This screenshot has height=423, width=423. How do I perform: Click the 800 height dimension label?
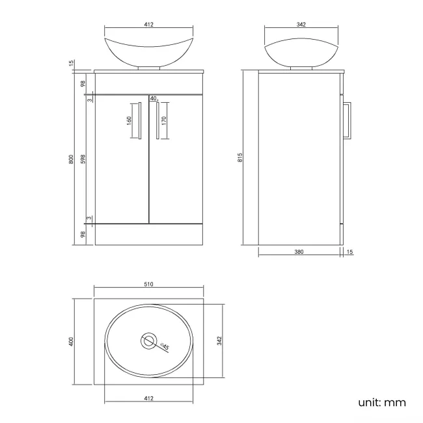pos(72,158)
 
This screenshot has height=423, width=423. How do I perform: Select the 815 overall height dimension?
pos(240,158)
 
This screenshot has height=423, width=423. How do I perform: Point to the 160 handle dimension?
pos(129,121)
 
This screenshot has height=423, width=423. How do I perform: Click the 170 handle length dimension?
pos(165,120)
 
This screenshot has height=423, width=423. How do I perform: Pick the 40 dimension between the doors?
pos(154,98)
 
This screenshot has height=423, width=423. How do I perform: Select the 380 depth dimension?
pos(299,252)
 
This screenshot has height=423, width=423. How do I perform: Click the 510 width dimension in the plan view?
pos(148,284)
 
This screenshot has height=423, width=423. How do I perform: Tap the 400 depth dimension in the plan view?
pos(72,340)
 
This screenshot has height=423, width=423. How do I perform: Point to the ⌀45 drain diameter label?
pos(164,347)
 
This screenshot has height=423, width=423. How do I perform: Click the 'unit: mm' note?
pos(382,402)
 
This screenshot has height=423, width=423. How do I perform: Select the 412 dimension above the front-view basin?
pos(148,25)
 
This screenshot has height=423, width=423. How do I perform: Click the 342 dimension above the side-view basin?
pos(301,25)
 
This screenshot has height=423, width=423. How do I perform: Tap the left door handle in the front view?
pos(139,120)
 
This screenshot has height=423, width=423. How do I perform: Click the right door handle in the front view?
pos(157,120)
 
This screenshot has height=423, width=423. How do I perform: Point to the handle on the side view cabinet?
pos(348,120)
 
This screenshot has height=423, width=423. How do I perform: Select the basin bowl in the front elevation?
pos(148,49)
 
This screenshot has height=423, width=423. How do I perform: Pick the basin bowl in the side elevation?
pos(301,49)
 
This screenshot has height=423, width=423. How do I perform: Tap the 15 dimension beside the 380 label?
pos(349,252)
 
